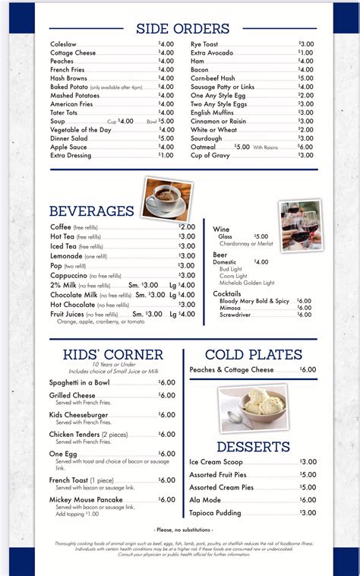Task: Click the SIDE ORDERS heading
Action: click(x=182, y=29)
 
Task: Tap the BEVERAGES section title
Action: click(x=92, y=211)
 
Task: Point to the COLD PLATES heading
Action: click(x=260, y=354)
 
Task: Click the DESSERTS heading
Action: click(x=253, y=446)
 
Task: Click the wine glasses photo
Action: click(x=300, y=226)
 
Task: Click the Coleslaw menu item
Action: click(x=64, y=45)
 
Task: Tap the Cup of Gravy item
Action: click(x=210, y=155)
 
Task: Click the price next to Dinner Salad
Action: click(x=166, y=138)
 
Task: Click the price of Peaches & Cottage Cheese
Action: click(x=308, y=369)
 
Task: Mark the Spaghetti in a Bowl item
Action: click(x=80, y=382)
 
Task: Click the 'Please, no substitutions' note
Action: click(x=183, y=530)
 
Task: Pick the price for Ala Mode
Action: click(x=308, y=500)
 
